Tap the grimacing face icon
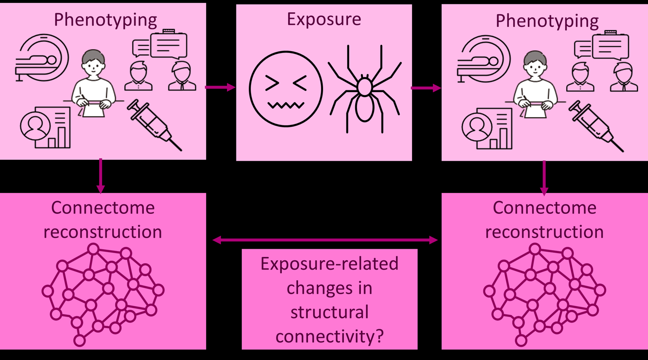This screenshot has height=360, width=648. click(286, 89)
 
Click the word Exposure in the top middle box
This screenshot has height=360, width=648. click(324, 19)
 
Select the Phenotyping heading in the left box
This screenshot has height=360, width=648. click(105, 20)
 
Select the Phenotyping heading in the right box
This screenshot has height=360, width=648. click(547, 21)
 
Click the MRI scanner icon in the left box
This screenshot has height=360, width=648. click(42, 57)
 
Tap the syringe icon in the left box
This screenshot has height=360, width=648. click(154, 124)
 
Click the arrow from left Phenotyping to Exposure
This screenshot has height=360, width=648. click(220, 87)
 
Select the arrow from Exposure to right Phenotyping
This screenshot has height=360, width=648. click(426, 88)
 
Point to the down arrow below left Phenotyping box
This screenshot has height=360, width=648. click(100, 176)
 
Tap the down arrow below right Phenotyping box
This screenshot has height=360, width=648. click(544, 177)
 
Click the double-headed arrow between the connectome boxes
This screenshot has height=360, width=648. click(324, 240)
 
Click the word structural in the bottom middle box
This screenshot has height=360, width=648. click(329, 312)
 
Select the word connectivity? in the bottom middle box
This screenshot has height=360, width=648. click(329, 336)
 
